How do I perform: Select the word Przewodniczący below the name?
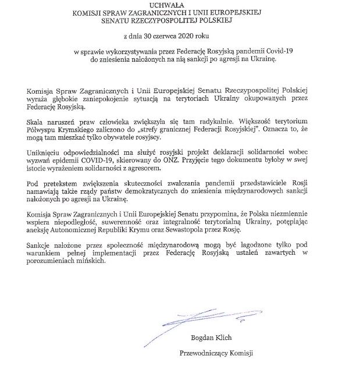coord(198,353)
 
